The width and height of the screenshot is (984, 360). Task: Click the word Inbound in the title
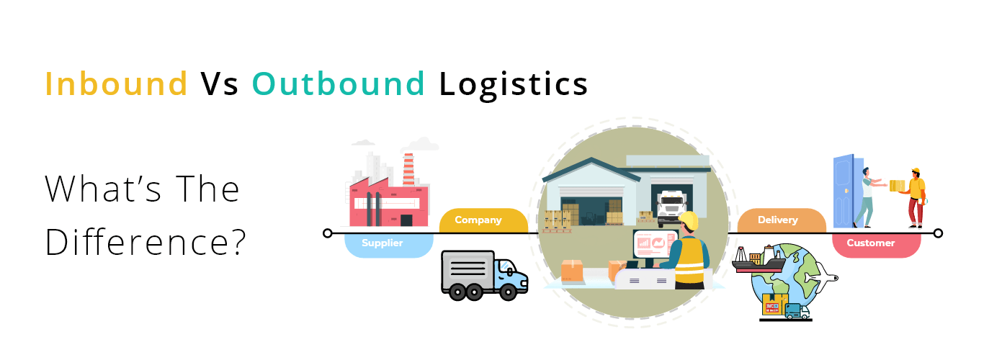[116, 84]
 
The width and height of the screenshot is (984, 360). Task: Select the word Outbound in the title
[338, 84]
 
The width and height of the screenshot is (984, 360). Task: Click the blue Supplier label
[383, 243]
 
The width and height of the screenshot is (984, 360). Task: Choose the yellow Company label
[478, 220]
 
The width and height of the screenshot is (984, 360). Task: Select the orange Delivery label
[777, 220]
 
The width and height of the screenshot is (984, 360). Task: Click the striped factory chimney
[408, 170]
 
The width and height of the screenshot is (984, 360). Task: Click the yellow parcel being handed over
[897, 186]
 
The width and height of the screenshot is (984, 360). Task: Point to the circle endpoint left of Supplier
[328, 233]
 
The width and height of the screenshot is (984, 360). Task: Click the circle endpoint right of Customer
[937, 233]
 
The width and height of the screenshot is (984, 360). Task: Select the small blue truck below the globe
[796, 311]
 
